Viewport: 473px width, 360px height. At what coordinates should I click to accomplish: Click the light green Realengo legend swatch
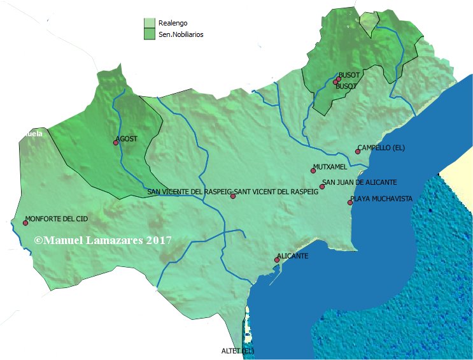150,23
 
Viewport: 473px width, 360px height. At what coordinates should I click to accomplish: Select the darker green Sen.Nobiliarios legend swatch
150,34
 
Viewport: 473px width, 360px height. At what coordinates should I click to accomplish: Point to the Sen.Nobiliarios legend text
181,34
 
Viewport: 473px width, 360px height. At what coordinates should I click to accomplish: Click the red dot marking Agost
116,143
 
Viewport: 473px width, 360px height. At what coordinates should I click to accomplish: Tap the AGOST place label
127,138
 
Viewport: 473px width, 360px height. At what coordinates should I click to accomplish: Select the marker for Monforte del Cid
26,223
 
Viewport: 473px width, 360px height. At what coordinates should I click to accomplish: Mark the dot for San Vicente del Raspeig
233,196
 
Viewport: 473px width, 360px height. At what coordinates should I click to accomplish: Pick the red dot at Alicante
277,260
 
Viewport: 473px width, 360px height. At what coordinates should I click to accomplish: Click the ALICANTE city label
293,256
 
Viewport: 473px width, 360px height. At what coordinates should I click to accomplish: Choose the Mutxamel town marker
313,171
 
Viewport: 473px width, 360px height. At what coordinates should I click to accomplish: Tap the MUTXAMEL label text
330,167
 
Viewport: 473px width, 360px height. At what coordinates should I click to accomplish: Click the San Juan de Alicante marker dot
323,186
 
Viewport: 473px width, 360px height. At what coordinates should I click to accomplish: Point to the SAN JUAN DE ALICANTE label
360,182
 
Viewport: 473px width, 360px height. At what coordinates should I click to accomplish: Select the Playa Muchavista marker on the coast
350,203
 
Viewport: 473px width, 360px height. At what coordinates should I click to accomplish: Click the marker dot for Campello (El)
358,152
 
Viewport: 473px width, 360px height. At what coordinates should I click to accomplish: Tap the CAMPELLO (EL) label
381,147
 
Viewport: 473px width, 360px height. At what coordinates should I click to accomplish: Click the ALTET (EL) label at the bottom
237,351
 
